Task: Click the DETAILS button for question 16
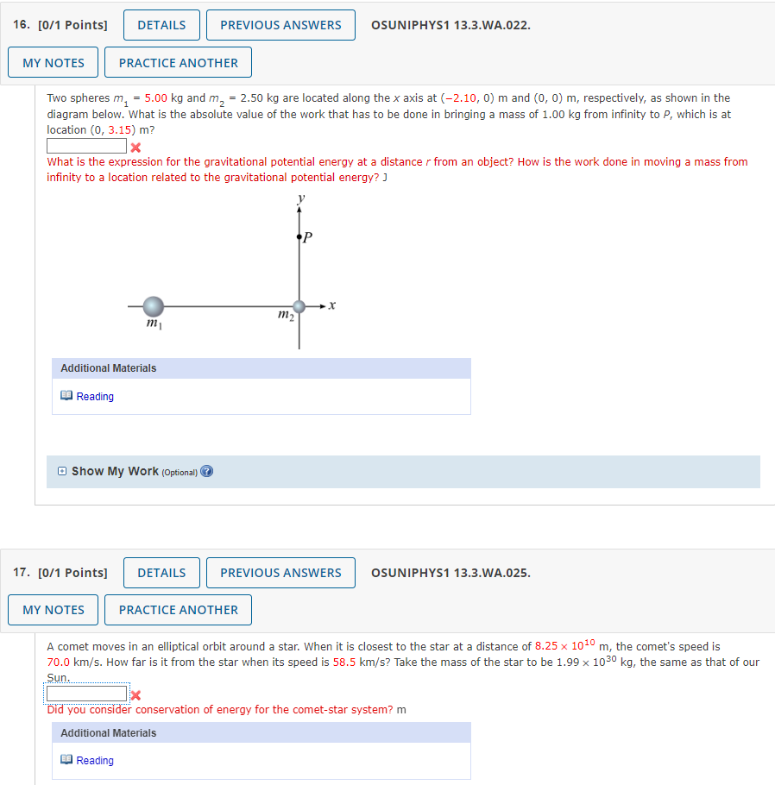click(161, 25)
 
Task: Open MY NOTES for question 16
click(54, 63)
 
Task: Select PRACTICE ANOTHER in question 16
click(178, 63)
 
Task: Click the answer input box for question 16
click(86, 146)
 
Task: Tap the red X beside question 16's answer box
click(135, 147)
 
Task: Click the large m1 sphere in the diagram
click(153, 306)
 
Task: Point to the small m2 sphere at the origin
click(299, 306)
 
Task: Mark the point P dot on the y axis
click(299, 235)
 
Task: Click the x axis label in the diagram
click(332, 305)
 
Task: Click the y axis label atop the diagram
click(300, 198)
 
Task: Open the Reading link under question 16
click(94, 397)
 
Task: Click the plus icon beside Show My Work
click(61, 472)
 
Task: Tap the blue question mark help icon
click(206, 472)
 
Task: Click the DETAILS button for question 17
click(161, 573)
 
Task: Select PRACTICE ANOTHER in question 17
click(178, 610)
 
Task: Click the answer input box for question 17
click(86, 694)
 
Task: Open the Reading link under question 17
click(94, 761)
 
